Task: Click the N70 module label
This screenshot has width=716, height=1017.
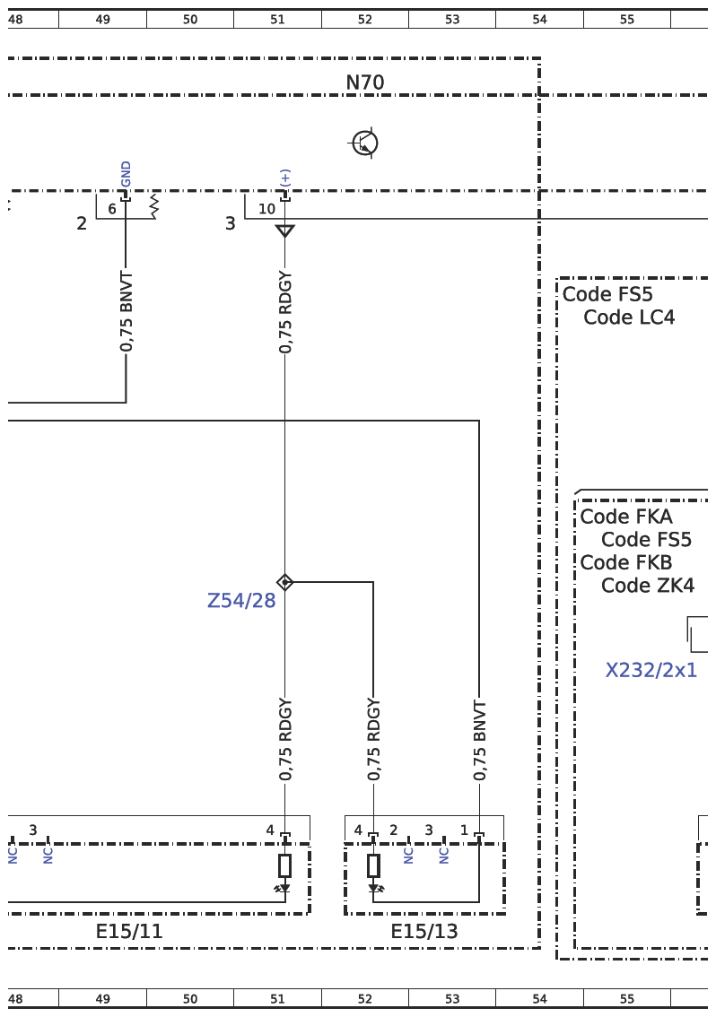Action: (x=365, y=83)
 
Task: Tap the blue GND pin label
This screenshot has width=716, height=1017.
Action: (x=126, y=174)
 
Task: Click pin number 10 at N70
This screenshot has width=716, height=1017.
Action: (x=266, y=209)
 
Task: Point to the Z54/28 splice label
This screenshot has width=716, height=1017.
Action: (x=241, y=601)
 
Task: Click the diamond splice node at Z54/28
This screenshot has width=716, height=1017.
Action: (x=285, y=582)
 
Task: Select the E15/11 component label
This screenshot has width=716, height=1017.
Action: (x=129, y=932)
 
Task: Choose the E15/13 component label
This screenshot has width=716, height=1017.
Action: (x=423, y=932)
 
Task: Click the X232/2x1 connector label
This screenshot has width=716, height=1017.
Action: (x=651, y=670)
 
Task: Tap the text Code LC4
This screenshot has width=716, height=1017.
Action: (x=629, y=317)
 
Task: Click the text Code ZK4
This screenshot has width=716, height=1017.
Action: (x=648, y=585)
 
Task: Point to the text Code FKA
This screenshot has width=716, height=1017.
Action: (x=626, y=517)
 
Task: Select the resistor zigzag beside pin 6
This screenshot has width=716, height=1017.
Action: (x=153, y=205)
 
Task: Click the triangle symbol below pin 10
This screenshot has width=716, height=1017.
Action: (x=285, y=230)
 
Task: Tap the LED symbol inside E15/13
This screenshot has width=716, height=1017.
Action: (x=374, y=888)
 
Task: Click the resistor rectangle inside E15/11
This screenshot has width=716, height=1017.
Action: (x=285, y=865)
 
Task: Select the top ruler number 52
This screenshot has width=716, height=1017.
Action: (x=365, y=20)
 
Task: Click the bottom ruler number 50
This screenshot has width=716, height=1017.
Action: (x=189, y=999)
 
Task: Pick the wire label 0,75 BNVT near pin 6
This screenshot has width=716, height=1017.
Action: (x=127, y=312)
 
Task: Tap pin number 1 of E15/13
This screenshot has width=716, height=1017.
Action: (x=464, y=830)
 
